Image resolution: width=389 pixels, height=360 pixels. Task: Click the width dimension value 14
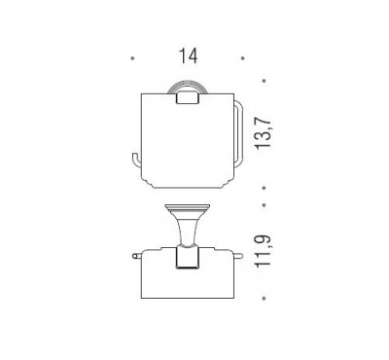click(188, 55)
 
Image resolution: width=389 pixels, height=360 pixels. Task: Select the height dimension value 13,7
click(263, 132)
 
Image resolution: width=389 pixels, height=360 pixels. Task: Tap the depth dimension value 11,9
click(263, 251)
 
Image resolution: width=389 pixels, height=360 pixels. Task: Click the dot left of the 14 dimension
click(132, 58)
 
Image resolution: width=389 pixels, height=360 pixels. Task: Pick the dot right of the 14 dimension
click(242, 58)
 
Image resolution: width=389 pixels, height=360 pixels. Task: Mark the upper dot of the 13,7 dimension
click(265, 81)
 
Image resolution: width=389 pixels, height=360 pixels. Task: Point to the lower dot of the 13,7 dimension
click(265, 188)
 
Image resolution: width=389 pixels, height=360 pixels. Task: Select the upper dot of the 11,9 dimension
click(265, 205)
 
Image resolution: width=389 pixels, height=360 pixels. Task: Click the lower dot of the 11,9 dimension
click(265, 298)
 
